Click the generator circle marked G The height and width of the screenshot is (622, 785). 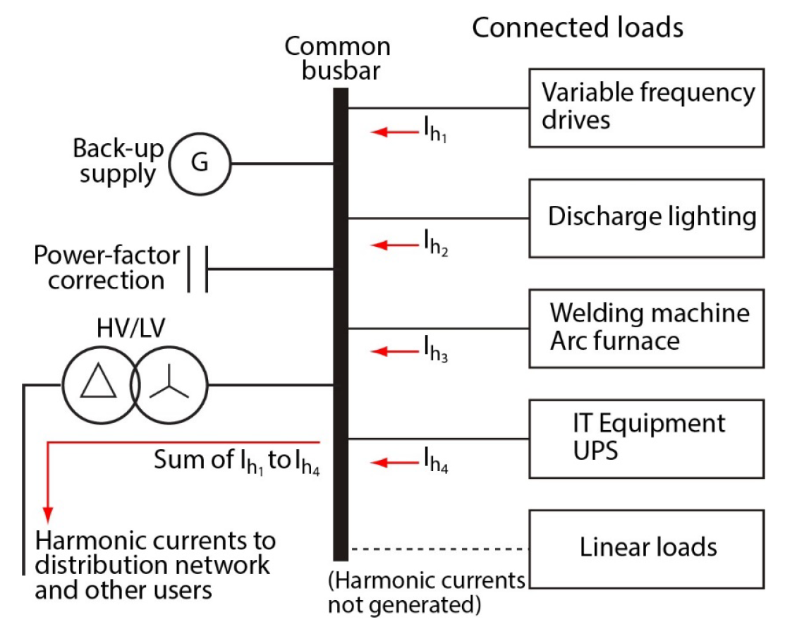(200, 164)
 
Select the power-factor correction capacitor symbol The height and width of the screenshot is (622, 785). (197, 269)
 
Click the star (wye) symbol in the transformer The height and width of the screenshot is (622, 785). (169, 386)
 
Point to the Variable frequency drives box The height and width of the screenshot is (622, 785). (646, 107)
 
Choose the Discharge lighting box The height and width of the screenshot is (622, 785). (646, 217)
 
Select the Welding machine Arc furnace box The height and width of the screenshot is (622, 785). (646, 327)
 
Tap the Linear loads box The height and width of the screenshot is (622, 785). (646, 548)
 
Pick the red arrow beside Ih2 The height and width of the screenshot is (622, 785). (393, 245)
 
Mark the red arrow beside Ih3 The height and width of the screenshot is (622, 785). (393, 350)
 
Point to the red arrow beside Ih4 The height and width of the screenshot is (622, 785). (393, 463)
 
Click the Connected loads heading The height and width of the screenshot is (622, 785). (578, 28)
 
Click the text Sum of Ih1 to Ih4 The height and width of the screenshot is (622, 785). (237, 463)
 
